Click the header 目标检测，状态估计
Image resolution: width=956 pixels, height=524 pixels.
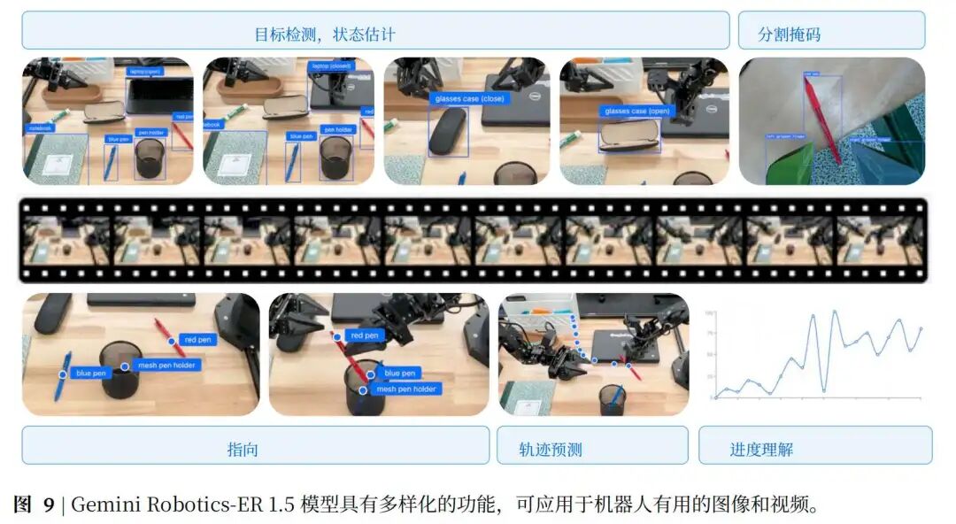(x=324, y=35)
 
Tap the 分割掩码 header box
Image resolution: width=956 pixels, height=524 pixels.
(x=789, y=35)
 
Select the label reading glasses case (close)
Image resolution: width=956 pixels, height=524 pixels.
(x=469, y=99)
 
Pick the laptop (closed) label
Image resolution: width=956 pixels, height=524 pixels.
(x=331, y=66)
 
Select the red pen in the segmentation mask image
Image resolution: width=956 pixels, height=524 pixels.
(x=821, y=119)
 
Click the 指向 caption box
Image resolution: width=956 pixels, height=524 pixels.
(x=243, y=449)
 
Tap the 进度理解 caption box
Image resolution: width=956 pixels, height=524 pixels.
(x=761, y=449)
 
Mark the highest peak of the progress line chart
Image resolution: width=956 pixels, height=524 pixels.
(x=834, y=312)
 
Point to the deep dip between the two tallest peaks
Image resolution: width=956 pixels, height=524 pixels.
(x=823, y=389)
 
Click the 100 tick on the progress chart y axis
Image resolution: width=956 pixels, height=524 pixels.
(x=709, y=313)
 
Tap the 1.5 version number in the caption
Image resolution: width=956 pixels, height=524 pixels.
(x=279, y=505)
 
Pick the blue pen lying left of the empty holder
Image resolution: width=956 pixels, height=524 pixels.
(x=63, y=375)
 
